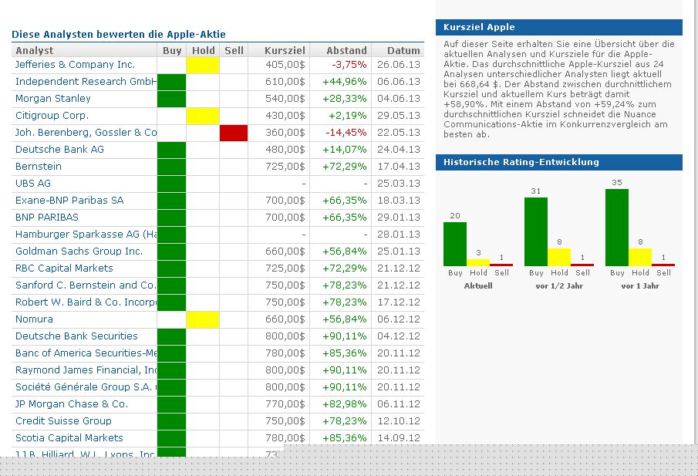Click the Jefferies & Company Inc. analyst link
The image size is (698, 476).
[75, 65]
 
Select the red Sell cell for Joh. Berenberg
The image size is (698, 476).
[233, 133]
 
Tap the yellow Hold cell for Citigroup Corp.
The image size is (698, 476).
[203, 116]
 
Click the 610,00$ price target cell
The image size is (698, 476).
[285, 82]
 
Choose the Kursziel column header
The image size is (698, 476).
[285, 51]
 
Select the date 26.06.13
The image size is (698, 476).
[399, 65]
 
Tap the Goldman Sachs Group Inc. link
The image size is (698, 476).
[79, 252]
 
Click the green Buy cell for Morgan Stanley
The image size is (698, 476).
[172, 99]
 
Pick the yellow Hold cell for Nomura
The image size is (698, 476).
[203, 319]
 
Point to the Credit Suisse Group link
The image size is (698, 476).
[63, 421]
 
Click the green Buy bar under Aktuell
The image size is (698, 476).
[455, 244]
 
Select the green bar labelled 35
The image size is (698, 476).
[617, 227]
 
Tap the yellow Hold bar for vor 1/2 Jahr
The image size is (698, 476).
[559, 256]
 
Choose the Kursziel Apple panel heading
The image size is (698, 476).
[479, 28]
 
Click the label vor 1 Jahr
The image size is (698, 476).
[640, 285]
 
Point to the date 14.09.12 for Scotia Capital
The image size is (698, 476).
[399, 438]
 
